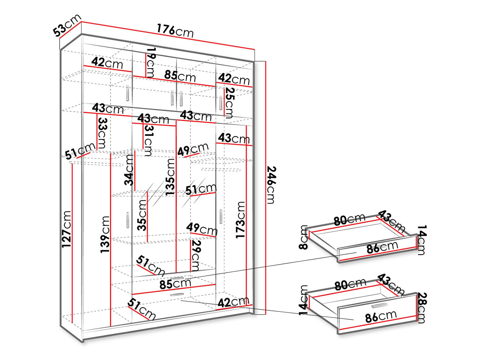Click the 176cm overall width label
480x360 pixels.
[175, 31]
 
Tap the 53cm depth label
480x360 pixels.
[67, 25]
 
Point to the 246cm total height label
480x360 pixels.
[271, 185]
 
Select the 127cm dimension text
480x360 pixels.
[66, 229]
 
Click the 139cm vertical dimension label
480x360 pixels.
[105, 234]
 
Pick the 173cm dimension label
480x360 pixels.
[240, 220]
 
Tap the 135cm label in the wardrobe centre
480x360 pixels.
[170, 177]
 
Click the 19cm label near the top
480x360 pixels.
[150, 66]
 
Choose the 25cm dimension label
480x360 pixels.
[229, 103]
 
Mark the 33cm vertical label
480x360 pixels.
[102, 133]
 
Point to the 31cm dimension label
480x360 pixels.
[148, 140]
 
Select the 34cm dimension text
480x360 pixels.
[129, 170]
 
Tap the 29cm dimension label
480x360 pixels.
[195, 256]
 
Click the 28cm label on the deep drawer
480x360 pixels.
[422, 308]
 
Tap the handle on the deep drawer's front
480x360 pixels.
[379, 305]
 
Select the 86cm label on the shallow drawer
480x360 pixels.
[382, 247]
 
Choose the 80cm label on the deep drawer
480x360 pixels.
[350, 284]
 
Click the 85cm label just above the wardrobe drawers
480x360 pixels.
[175, 284]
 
